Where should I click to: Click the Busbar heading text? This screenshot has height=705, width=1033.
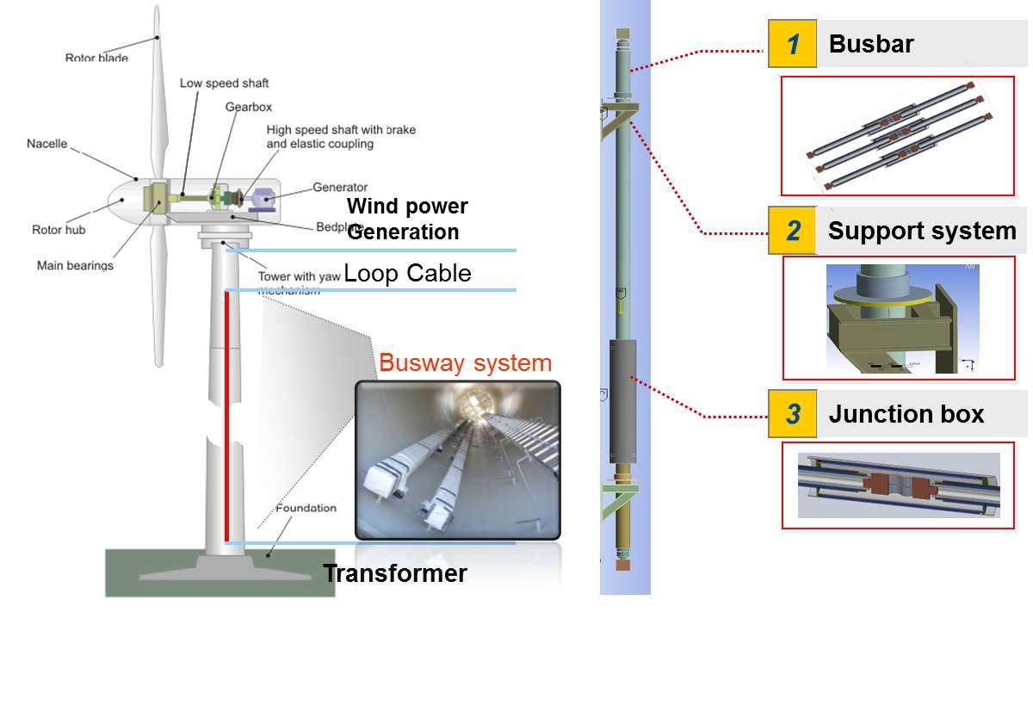click(870, 44)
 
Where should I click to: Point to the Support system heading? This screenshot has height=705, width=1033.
click(921, 231)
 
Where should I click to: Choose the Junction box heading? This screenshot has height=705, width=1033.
click(906, 414)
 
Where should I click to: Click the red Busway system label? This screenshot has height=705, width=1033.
click(465, 362)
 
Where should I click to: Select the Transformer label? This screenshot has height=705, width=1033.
click(395, 573)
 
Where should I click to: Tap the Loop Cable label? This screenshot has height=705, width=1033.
click(407, 274)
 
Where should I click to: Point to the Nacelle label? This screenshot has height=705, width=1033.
click(46, 144)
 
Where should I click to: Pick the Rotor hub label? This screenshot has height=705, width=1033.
click(59, 230)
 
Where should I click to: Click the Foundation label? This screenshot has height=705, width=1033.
click(306, 508)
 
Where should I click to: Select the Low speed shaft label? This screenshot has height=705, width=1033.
click(224, 83)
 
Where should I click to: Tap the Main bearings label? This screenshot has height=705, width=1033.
click(75, 265)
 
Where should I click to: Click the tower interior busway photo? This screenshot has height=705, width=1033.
click(457, 461)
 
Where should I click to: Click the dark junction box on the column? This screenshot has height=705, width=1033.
click(622, 401)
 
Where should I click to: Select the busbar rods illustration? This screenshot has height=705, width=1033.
click(897, 135)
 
